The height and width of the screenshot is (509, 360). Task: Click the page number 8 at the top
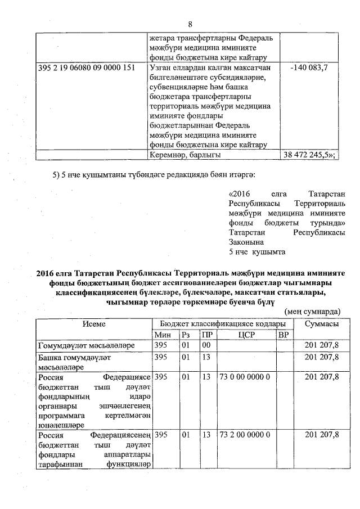click(190, 24)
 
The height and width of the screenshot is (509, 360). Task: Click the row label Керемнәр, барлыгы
click(185, 154)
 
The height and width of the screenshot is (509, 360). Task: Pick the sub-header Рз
click(186, 335)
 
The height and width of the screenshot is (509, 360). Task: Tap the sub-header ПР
click(206, 335)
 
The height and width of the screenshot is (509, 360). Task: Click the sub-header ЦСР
click(246, 335)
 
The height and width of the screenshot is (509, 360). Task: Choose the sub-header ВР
click(283, 335)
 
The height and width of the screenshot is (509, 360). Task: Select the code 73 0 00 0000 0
click(245, 377)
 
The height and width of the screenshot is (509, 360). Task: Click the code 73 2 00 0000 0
click(245, 434)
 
